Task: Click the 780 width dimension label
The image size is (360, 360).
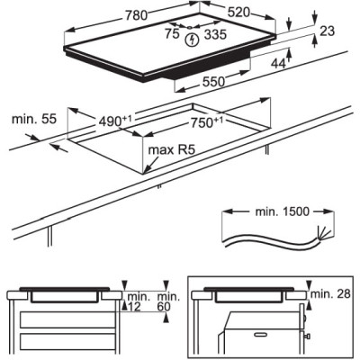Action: [x=136, y=15]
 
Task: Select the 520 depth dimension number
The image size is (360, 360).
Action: [x=238, y=13]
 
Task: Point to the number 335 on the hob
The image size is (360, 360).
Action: [x=215, y=34]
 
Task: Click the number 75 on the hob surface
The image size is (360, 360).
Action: [x=172, y=34]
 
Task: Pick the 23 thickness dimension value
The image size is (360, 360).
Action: [x=327, y=31]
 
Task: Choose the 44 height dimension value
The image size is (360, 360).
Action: [x=278, y=63]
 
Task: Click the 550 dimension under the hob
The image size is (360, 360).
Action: [x=213, y=82]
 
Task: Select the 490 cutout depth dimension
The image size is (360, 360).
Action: [x=115, y=121]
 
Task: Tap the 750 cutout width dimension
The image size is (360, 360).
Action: [x=207, y=122]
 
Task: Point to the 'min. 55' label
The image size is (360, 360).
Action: [x=34, y=119]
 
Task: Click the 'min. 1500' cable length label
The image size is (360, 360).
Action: [x=282, y=211]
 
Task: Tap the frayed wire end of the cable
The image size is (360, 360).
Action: [x=324, y=233]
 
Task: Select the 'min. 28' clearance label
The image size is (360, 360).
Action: [x=330, y=294]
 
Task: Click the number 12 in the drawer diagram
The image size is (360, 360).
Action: [x=133, y=307]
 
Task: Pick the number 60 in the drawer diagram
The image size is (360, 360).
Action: [x=164, y=307]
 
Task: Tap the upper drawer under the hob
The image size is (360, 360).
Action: [x=67, y=319]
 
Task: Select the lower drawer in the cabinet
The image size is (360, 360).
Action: [x=67, y=342]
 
